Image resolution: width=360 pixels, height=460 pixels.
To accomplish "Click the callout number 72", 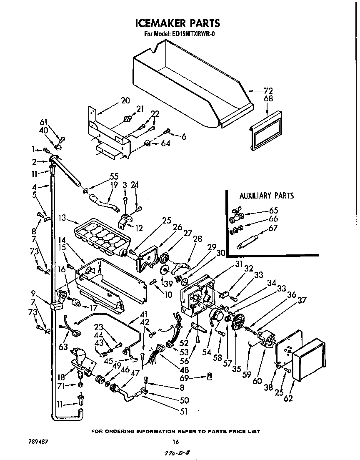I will (268, 90).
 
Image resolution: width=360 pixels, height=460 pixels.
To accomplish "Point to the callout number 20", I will (125, 100).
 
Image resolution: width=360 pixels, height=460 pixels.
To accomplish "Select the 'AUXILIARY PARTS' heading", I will (266, 195).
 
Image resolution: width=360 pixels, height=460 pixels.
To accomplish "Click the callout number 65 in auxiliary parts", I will (273, 211).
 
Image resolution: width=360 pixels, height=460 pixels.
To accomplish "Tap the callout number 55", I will (114, 176).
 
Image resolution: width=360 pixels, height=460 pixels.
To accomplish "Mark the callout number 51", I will (184, 412).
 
